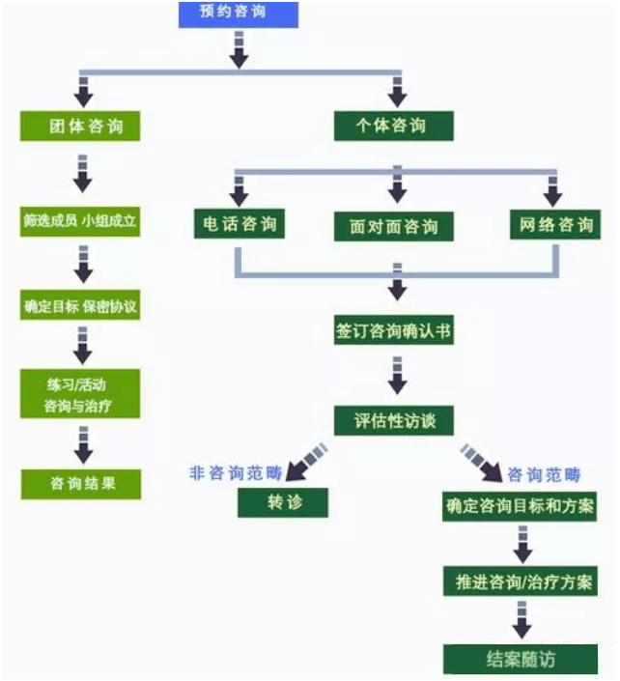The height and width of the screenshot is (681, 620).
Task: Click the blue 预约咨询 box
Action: coord(239,14)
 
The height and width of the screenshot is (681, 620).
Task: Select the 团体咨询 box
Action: coord(80,127)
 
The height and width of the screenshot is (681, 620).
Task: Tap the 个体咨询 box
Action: coord(392,127)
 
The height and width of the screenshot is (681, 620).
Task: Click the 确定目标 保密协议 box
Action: coord(80,308)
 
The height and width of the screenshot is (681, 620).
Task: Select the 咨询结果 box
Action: coord(80,483)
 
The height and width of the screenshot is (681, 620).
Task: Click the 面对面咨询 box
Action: coord(394,226)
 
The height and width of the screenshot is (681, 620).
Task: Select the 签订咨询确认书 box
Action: coord(394,331)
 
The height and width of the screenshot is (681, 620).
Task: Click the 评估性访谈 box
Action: coord(394,420)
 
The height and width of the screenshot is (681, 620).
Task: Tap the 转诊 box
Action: coord(283,502)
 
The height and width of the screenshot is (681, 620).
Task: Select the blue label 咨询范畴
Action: coord(545,474)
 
